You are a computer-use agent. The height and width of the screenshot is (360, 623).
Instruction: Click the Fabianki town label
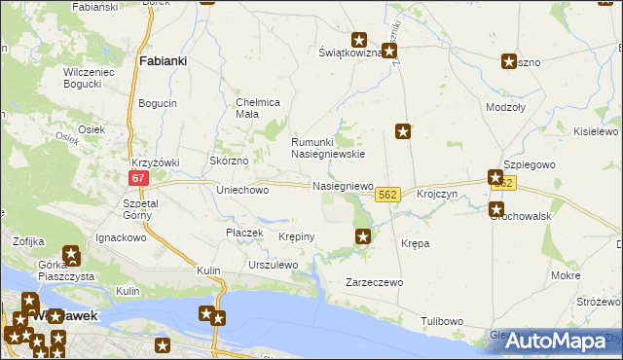164,60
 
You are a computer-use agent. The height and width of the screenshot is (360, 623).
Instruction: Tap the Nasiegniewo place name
342,185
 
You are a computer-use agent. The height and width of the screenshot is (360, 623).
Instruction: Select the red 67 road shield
139,178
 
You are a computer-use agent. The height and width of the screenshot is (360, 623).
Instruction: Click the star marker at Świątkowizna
359,41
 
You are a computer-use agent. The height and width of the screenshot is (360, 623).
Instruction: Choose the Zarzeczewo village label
375,282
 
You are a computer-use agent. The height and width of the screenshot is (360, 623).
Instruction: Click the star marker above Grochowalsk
495,178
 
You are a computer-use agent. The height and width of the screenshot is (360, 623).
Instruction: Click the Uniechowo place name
241,191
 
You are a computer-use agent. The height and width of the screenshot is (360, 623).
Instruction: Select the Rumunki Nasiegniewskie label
328,147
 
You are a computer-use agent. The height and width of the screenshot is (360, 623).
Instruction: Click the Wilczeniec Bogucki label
76,78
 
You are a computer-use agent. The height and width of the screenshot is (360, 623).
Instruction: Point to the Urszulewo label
273,265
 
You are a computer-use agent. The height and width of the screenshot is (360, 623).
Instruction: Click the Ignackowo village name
121,237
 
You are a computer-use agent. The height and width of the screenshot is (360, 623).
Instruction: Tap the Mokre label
566,276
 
